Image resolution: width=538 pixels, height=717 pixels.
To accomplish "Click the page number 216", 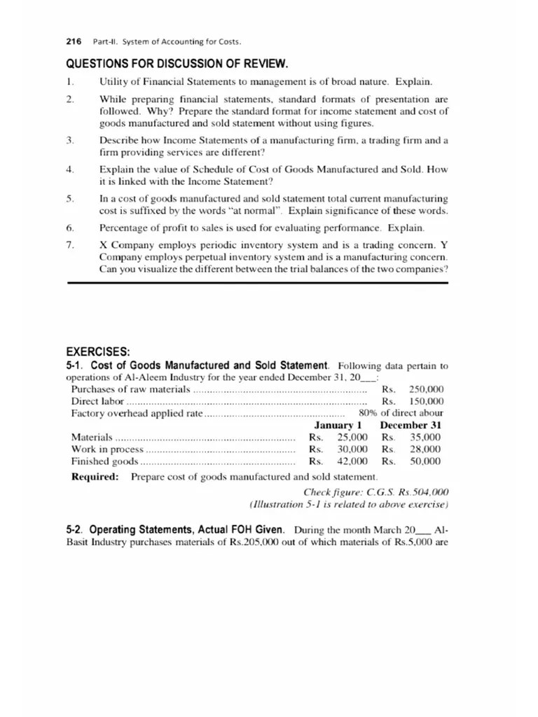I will coord(73,41).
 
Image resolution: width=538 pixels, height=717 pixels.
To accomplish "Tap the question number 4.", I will coord(69,170).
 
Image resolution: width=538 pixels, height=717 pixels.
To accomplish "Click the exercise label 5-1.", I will coord(75,366).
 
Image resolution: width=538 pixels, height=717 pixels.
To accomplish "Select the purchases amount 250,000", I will coord(427,389).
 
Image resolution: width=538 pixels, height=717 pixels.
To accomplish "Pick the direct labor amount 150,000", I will coord(427,401).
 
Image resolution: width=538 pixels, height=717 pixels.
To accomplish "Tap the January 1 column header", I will coord(338,425).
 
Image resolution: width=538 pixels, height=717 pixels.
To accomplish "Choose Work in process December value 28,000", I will coord(425,449).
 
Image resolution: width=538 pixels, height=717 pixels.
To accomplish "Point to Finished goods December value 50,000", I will coord(425,461).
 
